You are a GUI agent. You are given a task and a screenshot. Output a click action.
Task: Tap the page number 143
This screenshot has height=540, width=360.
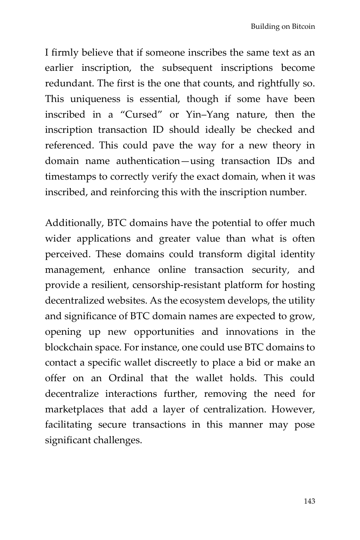click(309, 501)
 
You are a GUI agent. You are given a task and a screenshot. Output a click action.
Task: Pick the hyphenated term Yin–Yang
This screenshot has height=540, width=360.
click(207, 115)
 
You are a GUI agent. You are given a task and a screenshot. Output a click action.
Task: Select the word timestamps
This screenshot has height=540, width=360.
click(70, 177)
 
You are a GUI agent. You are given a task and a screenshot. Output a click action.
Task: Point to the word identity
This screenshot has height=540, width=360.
click(297, 254)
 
